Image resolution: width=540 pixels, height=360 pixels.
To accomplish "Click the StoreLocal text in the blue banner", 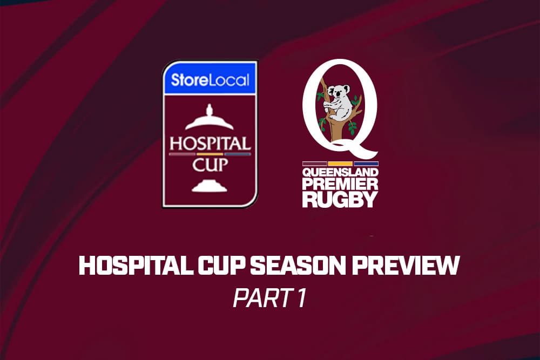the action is tap(210, 80).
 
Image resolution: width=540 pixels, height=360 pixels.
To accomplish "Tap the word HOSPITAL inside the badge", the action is tap(210, 144).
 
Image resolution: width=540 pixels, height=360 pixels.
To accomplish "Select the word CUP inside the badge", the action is tap(210, 165).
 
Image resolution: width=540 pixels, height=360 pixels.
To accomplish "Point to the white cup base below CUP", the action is tap(210, 186).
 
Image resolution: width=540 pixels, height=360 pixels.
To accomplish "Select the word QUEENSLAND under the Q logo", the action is tap(340, 172).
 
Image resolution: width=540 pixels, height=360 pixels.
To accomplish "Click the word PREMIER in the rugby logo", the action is tap(340, 184).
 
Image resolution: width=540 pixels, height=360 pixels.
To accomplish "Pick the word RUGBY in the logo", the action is tap(340, 200).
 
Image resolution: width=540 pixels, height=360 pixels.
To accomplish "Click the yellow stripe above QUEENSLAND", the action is tap(340, 164).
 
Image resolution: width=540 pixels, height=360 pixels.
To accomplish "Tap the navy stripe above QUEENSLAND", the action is tap(366, 164).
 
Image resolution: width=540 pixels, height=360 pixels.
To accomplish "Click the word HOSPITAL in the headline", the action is tap(136, 266).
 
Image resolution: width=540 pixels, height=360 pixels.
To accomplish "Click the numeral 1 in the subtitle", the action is tap(301, 298).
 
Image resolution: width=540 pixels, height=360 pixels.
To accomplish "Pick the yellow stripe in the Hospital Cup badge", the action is tap(210, 154).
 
